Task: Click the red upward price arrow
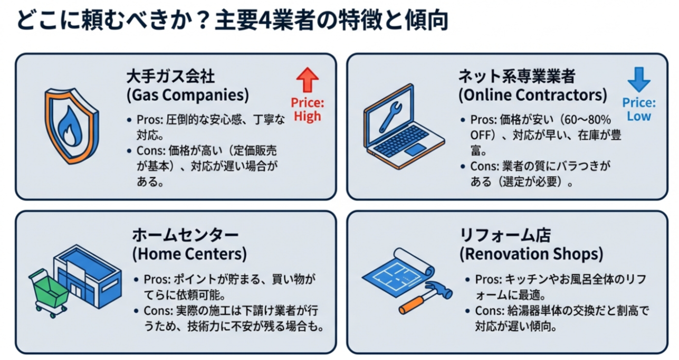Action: coord(308,80)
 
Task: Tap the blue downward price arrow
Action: coord(639,80)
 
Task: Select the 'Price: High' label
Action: coord(308,109)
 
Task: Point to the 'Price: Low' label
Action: coord(639,109)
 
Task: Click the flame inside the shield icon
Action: coord(70,126)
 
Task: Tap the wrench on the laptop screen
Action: coord(390,117)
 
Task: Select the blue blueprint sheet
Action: coord(397,274)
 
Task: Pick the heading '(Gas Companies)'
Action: coord(188,95)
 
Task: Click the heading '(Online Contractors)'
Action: coord(532,95)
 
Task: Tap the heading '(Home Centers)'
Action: coord(189,254)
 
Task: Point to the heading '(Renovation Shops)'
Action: coord(531,254)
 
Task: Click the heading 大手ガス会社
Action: coord(170,76)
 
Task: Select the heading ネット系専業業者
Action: coord(517,76)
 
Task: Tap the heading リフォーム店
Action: coord(505,235)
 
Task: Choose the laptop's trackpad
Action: coord(416,150)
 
